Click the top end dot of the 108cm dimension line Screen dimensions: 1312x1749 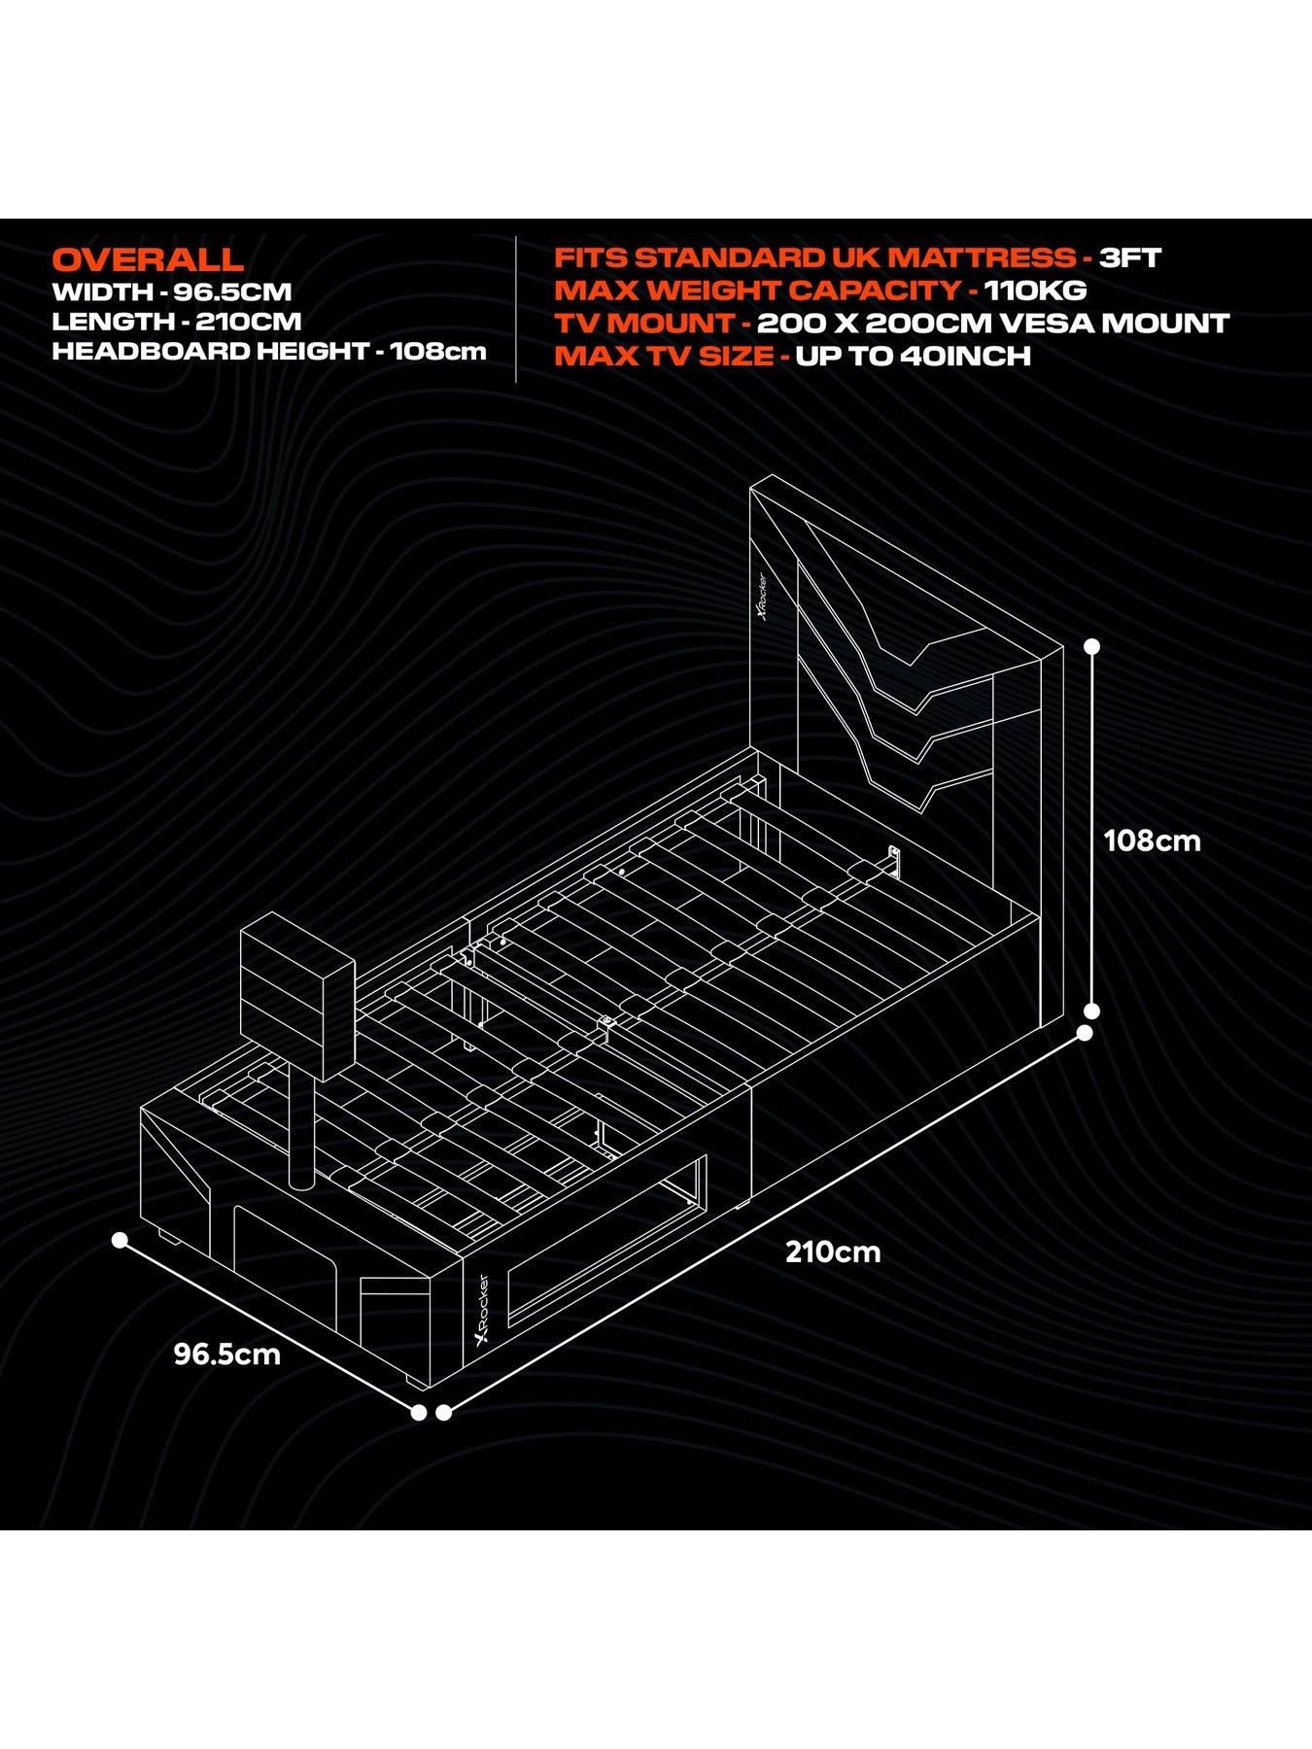click(1091, 645)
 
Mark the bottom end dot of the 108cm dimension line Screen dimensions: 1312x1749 click(1091, 1011)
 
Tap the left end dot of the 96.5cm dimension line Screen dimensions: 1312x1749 click(120, 1241)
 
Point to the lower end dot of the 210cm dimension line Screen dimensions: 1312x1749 click(444, 1413)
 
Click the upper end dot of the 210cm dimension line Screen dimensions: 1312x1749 click(1085, 1034)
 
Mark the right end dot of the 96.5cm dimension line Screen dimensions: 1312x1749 click(419, 1413)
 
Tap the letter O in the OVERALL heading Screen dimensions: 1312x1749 click(66, 259)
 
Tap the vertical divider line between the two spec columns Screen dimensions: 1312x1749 click(516, 309)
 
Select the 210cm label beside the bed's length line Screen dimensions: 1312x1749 click(833, 1252)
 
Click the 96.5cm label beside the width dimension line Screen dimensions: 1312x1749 click(227, 1354)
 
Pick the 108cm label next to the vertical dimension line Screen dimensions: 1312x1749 click(1152, 840)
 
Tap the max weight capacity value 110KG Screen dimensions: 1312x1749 click(1035, 291)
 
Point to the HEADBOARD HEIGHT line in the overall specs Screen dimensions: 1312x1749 click(269, 351)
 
